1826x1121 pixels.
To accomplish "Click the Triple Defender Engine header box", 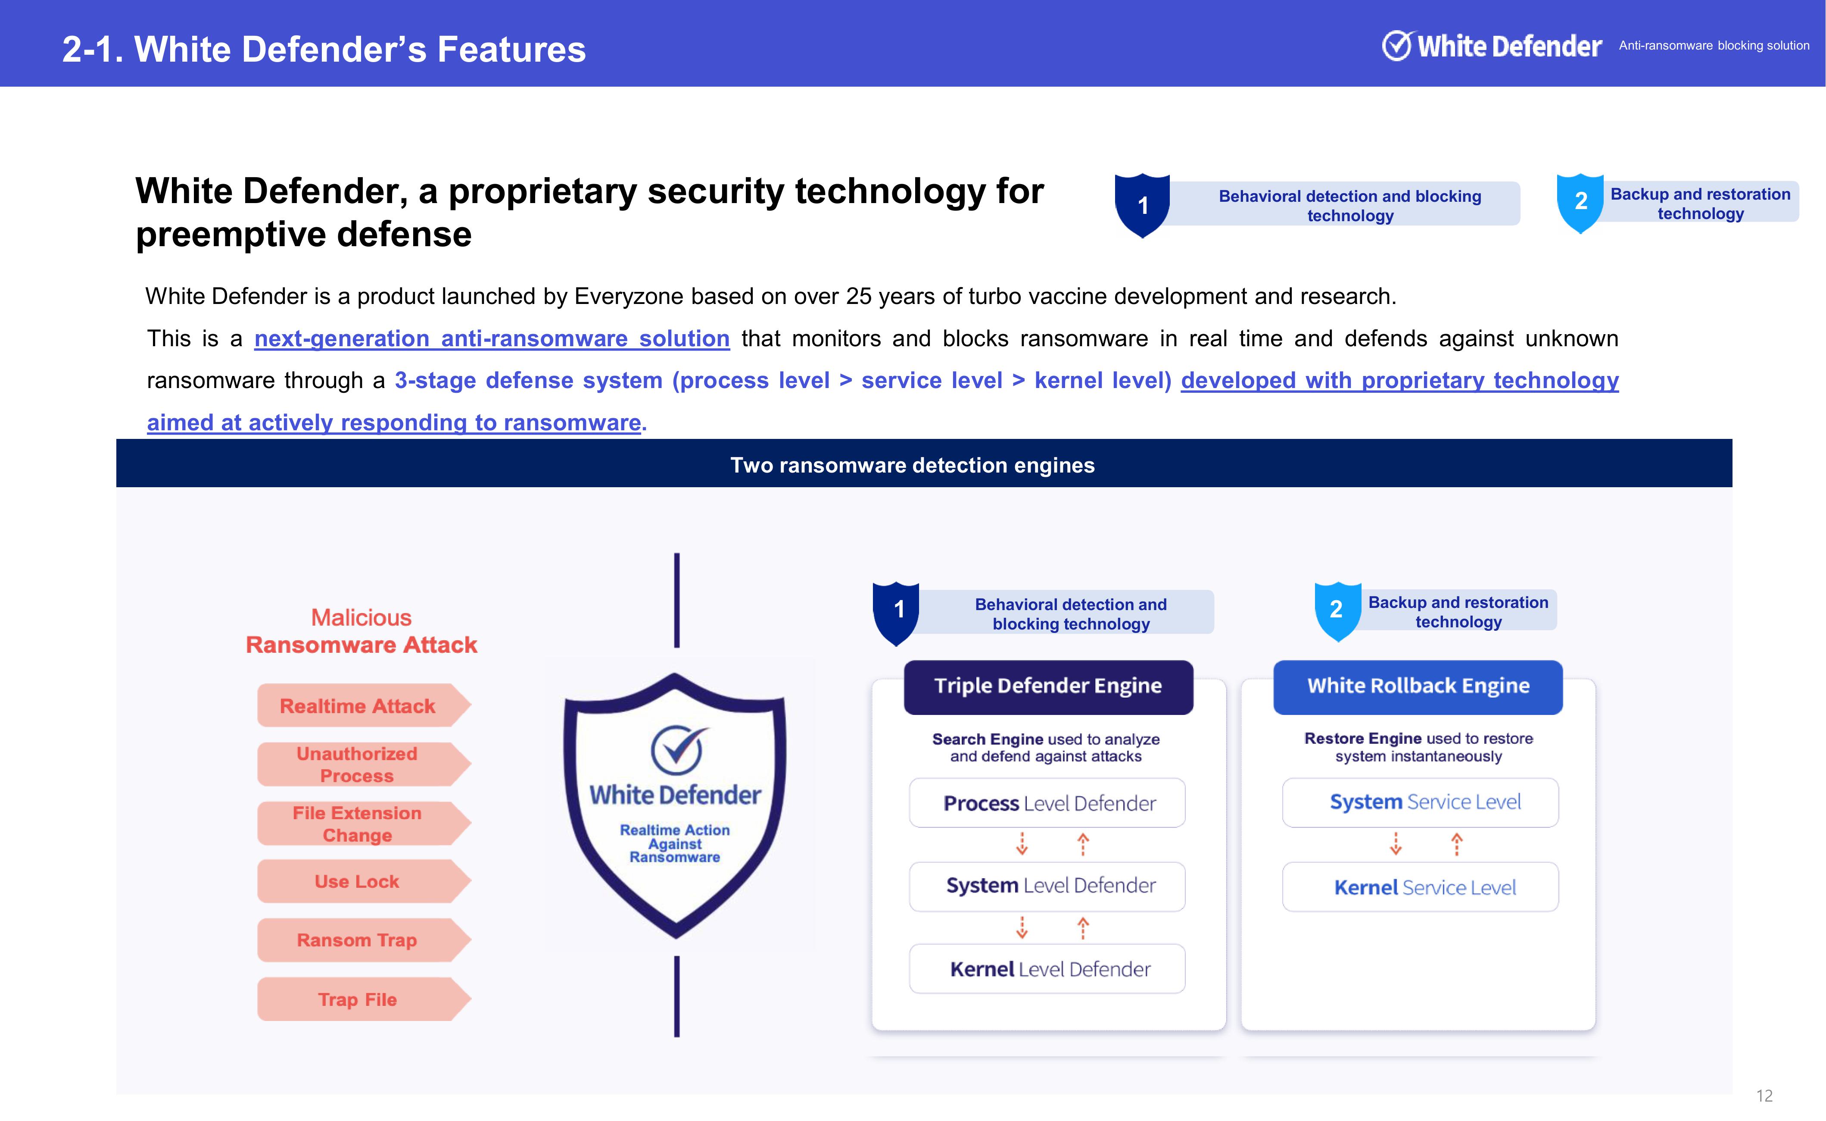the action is pyautogui.click(x=1048, y=686).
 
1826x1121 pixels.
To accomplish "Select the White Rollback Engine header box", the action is pyautogui.click(x=1418, y=686).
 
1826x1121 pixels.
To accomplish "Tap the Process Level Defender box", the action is pyautogui.click(x=1047, y=803).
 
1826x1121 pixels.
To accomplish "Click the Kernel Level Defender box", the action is pyautogui.click(x=1047, y=969).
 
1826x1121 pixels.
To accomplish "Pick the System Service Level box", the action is pyautogui.click(x=1421, y=803).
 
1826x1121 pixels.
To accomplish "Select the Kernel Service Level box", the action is pyautogui.click(x=1421, y=887).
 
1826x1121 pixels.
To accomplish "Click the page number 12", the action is pyautogui.click(x=1764, y=1096).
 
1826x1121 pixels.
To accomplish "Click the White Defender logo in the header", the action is pyautogui.click(x=1492, y=46).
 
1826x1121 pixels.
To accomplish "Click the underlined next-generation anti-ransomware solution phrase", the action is pyautogui.click(x=492, y=339).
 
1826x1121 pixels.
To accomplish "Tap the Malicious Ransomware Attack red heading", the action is pyautogui.click(x=361, y=631).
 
